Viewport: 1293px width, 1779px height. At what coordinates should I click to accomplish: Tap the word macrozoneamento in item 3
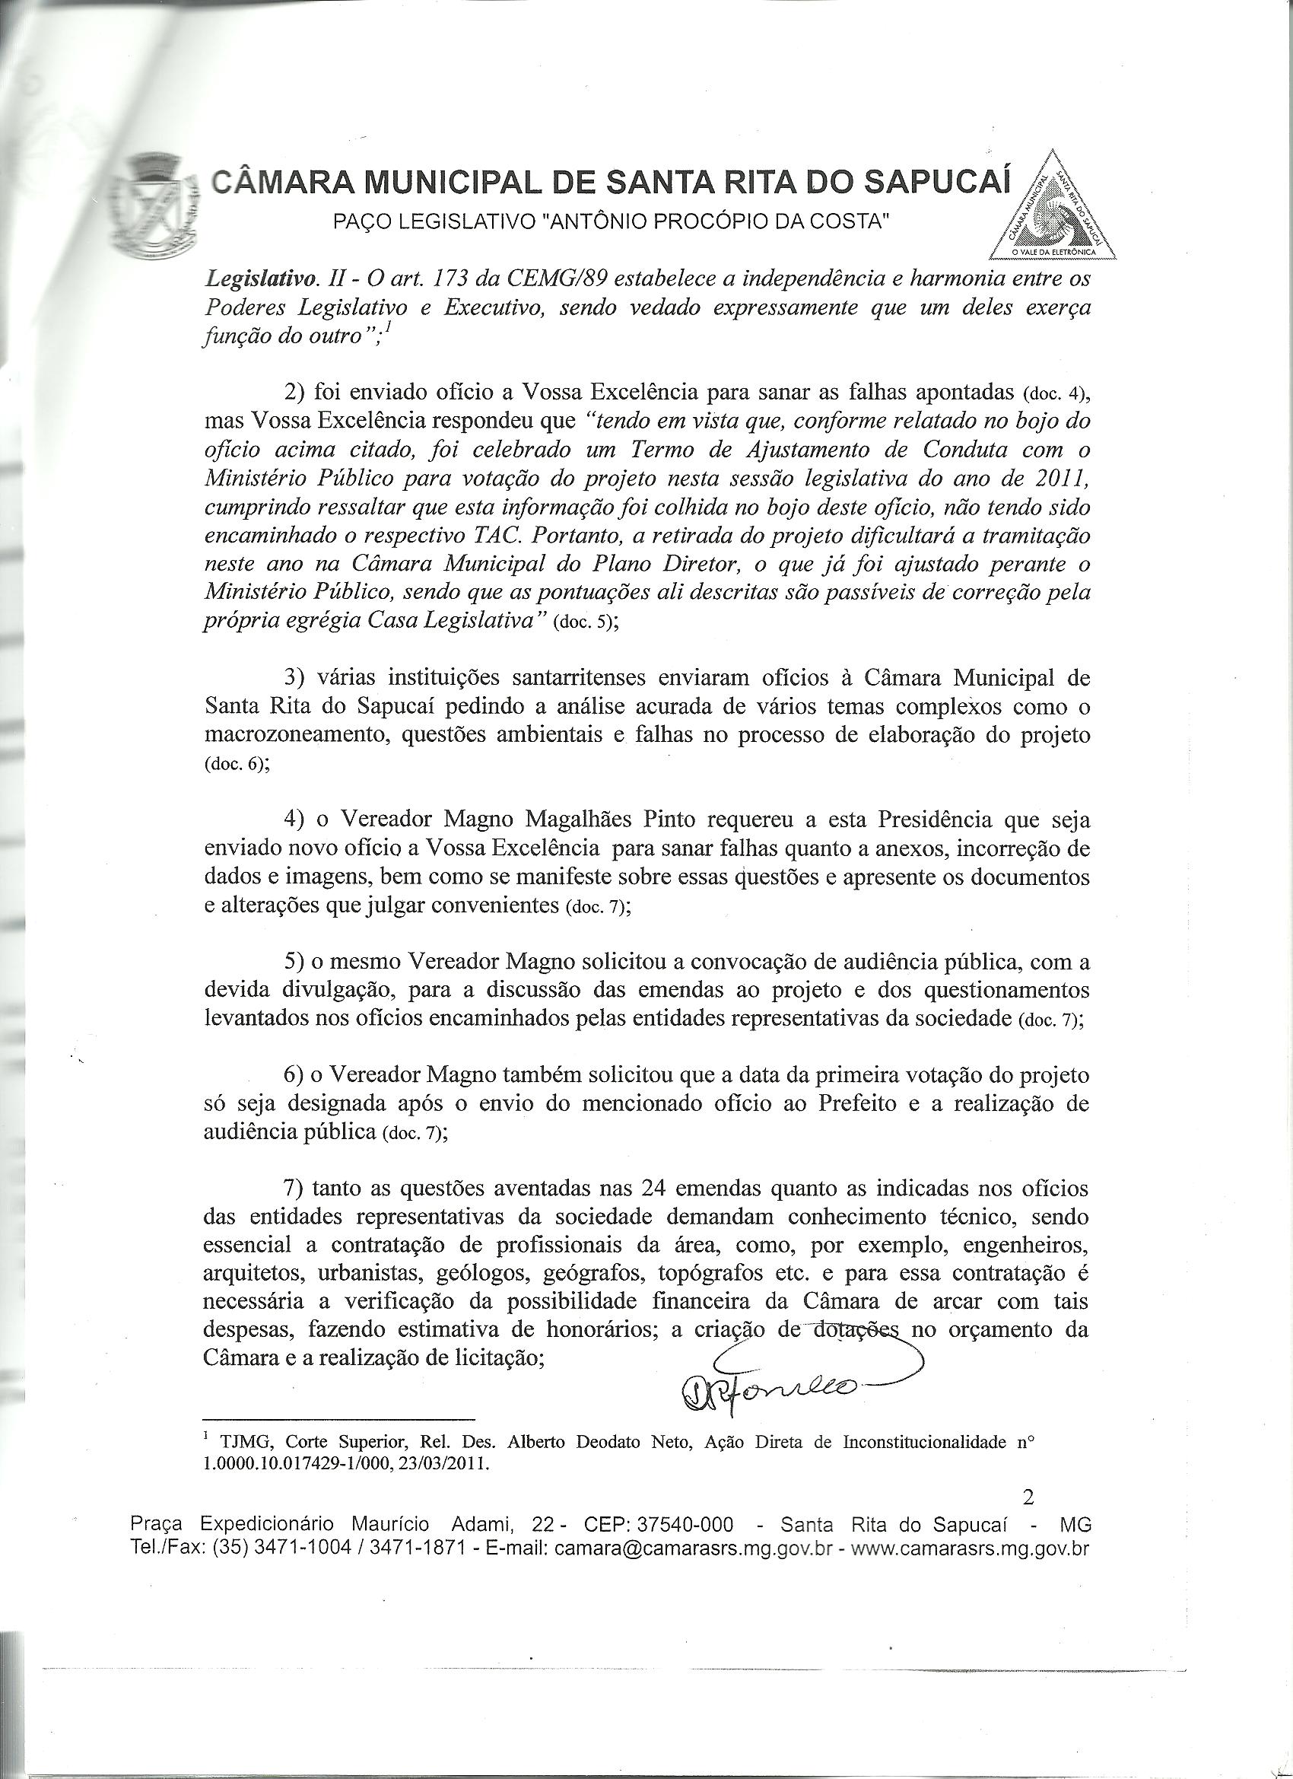click(x=280, y=736)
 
